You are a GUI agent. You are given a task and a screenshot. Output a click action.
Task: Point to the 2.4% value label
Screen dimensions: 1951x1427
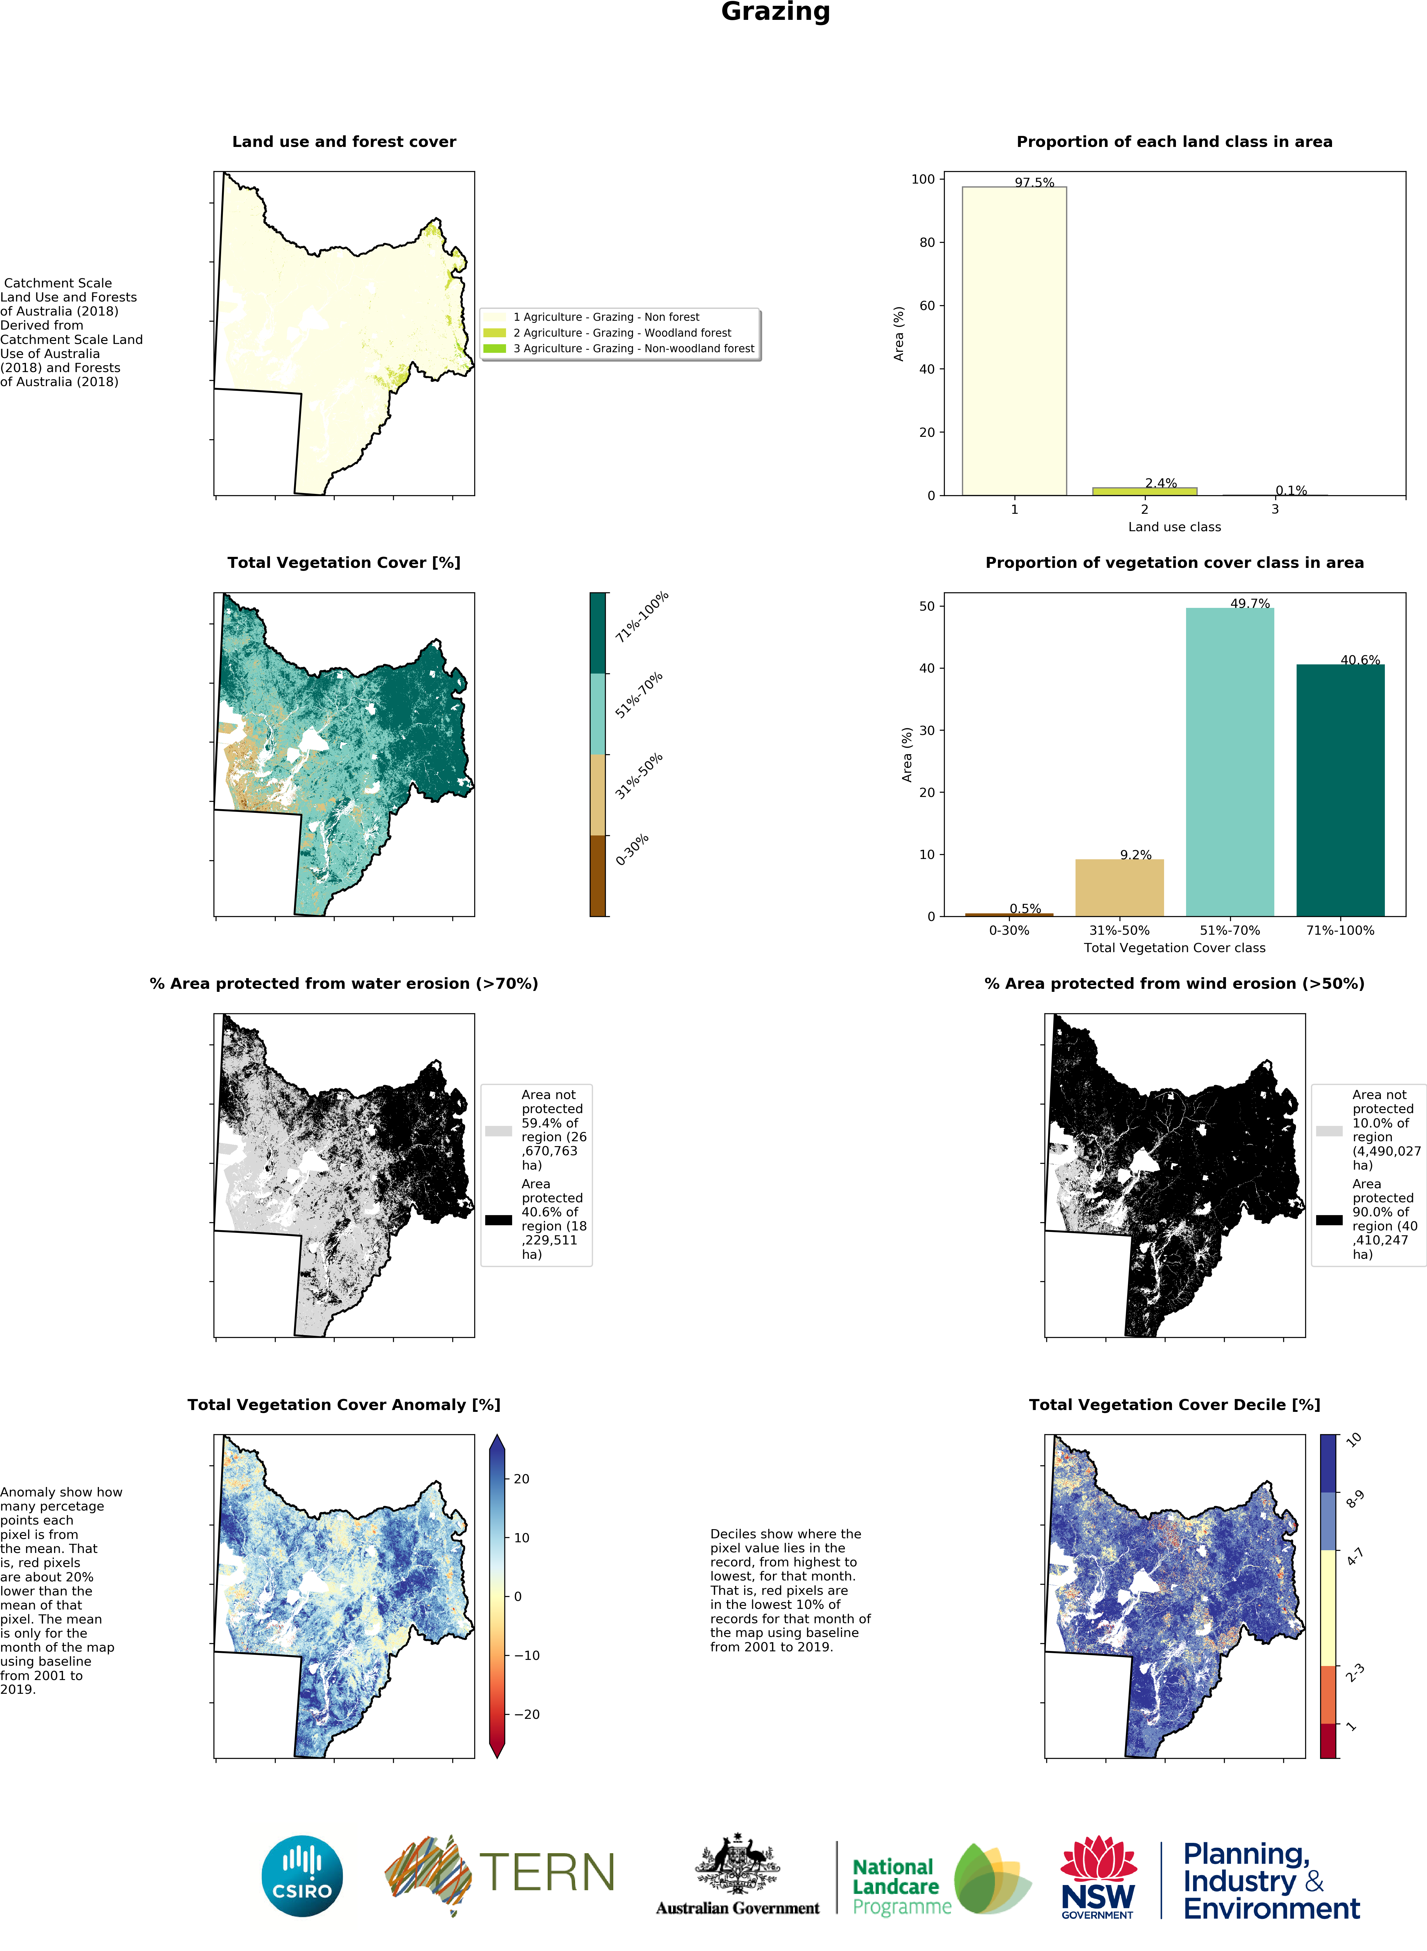(x=1161, y=483)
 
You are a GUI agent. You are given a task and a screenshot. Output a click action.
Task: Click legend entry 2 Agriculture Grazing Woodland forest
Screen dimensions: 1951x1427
(x=621, y=333)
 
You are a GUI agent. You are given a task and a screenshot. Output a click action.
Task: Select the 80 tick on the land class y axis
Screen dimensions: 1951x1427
(x=927, y=243)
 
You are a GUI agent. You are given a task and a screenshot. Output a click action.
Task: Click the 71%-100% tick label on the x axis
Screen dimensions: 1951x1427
(x=1340, y=930)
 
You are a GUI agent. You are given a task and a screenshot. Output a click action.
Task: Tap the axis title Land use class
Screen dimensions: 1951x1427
(x=1174, y=527)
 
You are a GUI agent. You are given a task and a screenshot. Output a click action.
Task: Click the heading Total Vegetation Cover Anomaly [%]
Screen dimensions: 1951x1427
(x=344, y=1405)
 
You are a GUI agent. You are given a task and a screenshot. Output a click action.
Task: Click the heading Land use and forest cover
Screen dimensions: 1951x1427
(x=344, y=142)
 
